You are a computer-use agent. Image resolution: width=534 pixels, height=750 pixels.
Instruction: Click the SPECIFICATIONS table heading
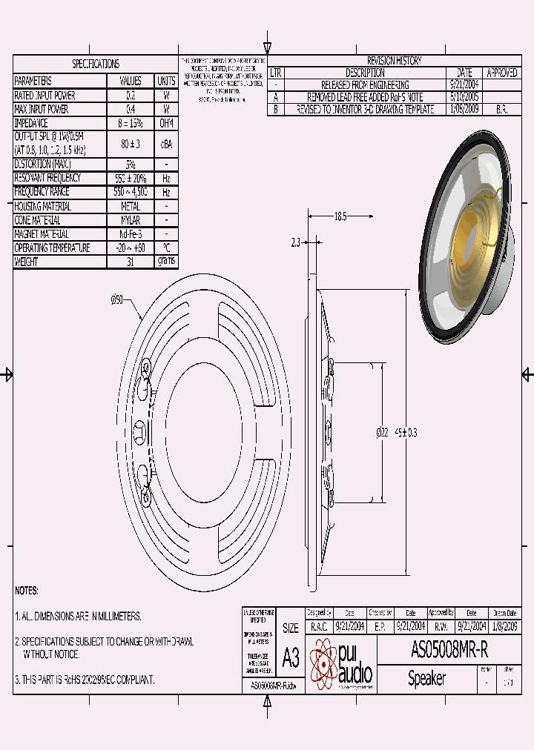[95, 64]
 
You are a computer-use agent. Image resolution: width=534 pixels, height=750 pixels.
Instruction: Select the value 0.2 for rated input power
[131, 96]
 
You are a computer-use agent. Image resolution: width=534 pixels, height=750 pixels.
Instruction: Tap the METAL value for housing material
[131, 207]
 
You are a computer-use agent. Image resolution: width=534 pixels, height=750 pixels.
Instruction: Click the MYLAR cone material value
[131, 220]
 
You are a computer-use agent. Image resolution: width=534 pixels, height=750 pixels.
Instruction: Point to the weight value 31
[131, 262]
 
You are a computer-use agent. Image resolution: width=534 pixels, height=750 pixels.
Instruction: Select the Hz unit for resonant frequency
[166, 178]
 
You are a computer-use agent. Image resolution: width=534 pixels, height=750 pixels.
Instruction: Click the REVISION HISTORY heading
[394, 61]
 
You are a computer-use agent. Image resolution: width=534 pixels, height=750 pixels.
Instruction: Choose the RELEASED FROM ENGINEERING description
[365, 85]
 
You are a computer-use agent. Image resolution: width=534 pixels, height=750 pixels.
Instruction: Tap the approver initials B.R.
[501, 109]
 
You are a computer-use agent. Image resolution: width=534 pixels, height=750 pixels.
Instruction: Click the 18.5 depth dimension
[340, 216]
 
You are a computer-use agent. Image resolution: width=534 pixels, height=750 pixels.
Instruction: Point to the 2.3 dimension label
[296, 242]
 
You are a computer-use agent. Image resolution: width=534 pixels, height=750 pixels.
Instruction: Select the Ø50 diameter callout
[116, 299]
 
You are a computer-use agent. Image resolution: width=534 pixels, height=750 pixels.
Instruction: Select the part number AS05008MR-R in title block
[449, 651]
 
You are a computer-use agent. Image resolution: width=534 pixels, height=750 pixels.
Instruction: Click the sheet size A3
[291, 657]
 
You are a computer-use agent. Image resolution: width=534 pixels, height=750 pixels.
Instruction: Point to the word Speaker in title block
[426, 678]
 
